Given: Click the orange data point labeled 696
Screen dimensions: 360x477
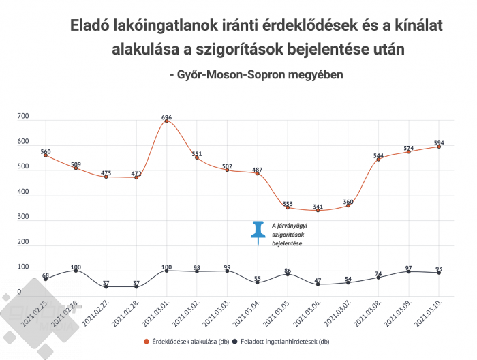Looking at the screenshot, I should click(x=166, y=121).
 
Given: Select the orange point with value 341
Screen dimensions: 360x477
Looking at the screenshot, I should click(x=318, y=210).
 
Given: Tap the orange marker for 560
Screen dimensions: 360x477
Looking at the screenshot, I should click(x=46, y=155).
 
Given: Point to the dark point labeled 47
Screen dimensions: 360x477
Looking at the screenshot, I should click(x=318, y=284).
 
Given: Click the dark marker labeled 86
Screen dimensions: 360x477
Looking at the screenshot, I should click(x=288, y=274).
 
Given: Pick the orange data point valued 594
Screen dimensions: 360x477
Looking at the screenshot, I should click(x=439, y=147).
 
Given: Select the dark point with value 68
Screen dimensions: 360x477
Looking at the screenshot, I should click(x=46, y=279).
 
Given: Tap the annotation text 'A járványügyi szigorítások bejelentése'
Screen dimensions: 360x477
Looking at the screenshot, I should click(x=288, y=235).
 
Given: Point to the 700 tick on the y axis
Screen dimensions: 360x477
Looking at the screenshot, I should click(x=23, y=117).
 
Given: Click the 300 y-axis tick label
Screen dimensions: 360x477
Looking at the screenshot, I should click(x=23, y=217).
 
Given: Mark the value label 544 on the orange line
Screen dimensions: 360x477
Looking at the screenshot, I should click(x=378, y=155).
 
